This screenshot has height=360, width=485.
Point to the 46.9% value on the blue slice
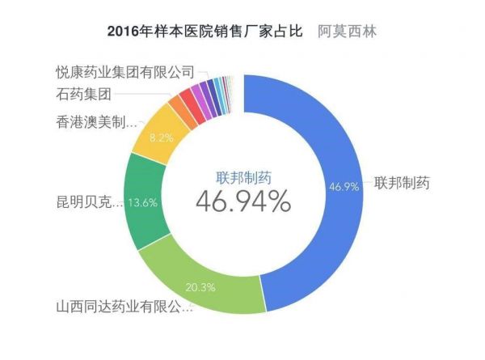pos(343,185)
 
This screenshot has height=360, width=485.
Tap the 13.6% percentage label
pos(142,202)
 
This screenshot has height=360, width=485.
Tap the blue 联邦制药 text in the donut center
pos(242,177)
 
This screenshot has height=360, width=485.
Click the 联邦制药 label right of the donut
pos(401,182)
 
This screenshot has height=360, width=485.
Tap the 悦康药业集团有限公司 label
pos(125,73)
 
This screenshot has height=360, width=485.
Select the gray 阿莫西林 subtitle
pos(348,33)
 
